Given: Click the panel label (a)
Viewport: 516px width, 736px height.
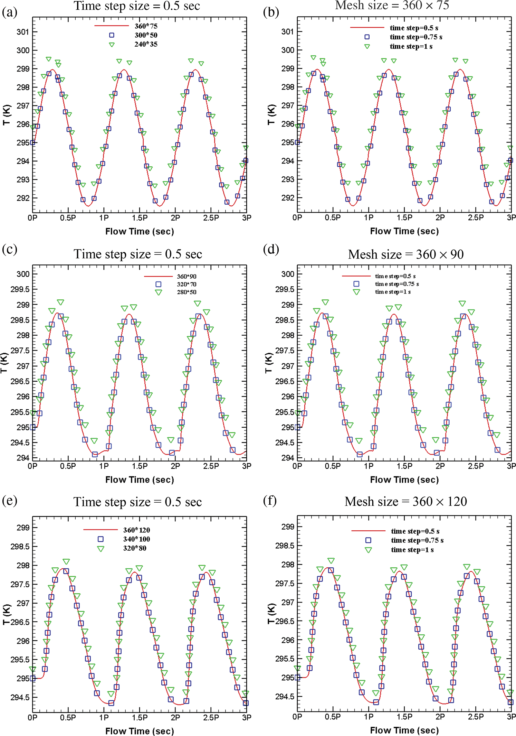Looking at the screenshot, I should (x=9, y=12).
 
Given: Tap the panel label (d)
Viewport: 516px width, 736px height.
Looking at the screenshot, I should (x=271, y=249).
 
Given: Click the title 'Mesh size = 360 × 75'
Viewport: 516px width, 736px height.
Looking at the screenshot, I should (x=392, y=5).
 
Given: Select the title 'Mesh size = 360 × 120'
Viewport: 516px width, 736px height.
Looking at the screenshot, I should (x=405, y=501).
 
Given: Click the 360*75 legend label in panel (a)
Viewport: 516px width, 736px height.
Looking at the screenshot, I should (x=146, y=26).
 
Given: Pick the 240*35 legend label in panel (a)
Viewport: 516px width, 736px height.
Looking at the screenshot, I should (x=146, y=44).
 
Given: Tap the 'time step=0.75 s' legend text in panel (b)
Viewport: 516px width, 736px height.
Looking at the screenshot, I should (x=416, y=37).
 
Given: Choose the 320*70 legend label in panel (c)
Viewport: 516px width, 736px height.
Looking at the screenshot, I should (x=187, y=284).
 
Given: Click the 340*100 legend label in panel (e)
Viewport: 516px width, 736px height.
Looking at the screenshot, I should (x=136, y=539).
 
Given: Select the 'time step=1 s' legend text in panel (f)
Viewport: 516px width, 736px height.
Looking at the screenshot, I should (x=412, y=550).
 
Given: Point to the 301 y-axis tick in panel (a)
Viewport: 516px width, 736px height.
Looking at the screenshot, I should (x=23, y=32).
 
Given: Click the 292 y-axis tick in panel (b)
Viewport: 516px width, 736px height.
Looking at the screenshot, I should (x=287, y=198).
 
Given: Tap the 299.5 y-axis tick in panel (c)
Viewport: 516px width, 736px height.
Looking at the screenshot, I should (x=20, y=289).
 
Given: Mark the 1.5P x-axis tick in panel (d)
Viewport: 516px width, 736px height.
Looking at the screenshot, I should (x=404, y=466).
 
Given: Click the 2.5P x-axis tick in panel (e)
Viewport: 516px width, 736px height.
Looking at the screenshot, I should (x=211, y=717).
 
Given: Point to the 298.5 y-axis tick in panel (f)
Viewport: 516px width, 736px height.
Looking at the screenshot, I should (x=285, y=546).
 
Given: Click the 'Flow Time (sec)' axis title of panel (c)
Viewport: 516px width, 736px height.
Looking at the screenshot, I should (x=140, y=480).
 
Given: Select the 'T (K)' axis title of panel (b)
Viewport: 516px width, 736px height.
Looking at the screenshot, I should (x=271, y=114).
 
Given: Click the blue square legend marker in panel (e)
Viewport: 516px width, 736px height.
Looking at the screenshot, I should (x=101, y=539).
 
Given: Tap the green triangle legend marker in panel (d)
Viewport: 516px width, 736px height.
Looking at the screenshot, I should (x=356, y=292).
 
